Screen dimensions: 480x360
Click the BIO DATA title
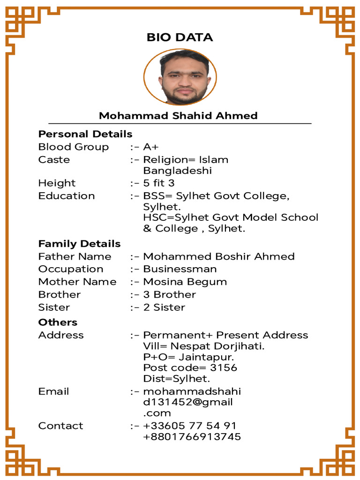tap(180, 37)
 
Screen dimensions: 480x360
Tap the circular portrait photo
tap(180, 78)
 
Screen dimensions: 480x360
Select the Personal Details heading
tap(85, 134)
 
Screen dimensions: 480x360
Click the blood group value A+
tap(151, 147)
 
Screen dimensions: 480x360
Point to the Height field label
tap(57, 183)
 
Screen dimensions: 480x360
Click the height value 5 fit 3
tap(159, 183)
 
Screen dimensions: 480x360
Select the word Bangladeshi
tap(177, 171)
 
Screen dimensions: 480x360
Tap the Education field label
tap(67, 196)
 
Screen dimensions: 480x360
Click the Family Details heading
tap(79, 244)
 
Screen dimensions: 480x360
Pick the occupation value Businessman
tap(180, 269)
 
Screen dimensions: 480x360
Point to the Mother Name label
tap(77, 282)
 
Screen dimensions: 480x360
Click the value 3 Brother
tap(169, 295)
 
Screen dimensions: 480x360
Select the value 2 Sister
tap(164, 307)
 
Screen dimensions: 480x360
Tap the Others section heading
tap(58, 322)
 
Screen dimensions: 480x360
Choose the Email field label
tap(53, 391)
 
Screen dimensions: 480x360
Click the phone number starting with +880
tap(192, 437)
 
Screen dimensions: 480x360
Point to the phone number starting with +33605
tap(189, 426)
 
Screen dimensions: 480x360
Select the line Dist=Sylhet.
tap(177, 379)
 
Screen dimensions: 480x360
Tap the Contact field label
tap(60, 426)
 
